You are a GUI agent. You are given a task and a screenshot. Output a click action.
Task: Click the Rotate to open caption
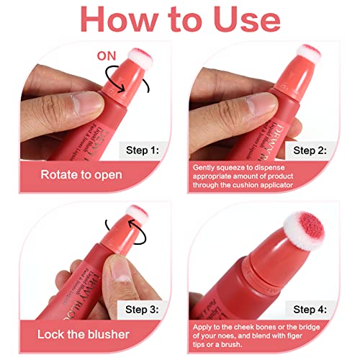click(x=81, y=174)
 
